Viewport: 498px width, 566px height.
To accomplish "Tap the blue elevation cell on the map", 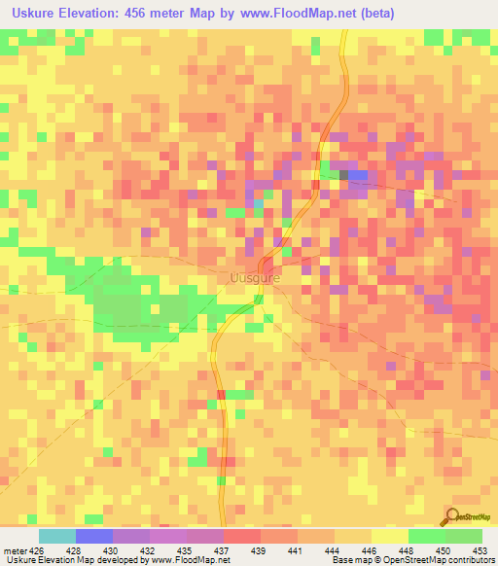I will tap(357, 175).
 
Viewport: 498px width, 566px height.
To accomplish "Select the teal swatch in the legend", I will tap(57, 536).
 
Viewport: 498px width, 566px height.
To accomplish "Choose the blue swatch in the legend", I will tap(94, 536).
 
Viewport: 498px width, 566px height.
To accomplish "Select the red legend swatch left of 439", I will tap(242, 536).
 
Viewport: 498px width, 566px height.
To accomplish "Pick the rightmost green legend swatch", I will tap(464, 536).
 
